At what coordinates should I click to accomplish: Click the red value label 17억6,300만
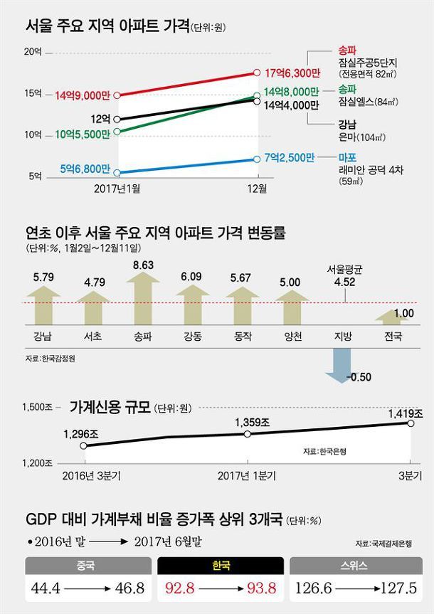[x=289, y=73]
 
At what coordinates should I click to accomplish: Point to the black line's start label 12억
[x=100, y=118]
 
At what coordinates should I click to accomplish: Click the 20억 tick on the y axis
[x=33, y=52]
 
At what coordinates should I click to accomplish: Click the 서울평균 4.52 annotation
[x=345, y=275]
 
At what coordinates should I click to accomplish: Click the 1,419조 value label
[x=404, y=413]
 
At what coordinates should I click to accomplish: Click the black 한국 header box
[x=222, y=566]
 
